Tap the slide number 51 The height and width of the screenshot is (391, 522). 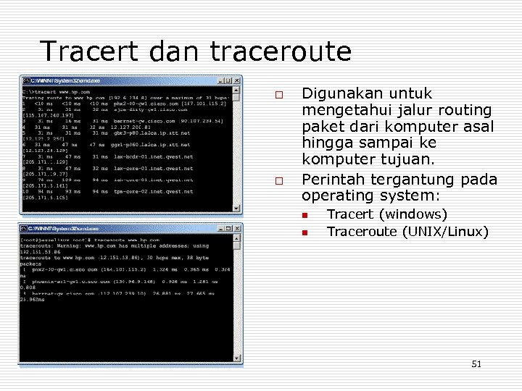pos(476,364)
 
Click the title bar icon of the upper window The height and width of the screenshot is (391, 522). pos(25,80)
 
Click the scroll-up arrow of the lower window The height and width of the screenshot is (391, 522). pos(237,239)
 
